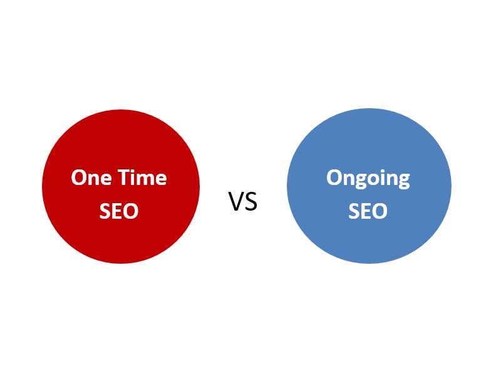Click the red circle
[121, 186]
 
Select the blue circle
[369, 186]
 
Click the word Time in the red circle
[142, 177]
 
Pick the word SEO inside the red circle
[119, 211]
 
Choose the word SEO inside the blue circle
[368, 211]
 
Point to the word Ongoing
[368, 179]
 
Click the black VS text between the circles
[243, 201]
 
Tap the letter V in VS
[236, 201]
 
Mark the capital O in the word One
[79, 177]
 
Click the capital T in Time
[123, 177]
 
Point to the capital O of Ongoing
[334, 177]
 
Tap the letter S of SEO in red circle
[105, 211]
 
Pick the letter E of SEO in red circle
[117, 211]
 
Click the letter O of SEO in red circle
[131, 211]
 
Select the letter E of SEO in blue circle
[366, 211]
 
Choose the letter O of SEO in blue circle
[380, 211]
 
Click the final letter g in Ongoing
[404, 182]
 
